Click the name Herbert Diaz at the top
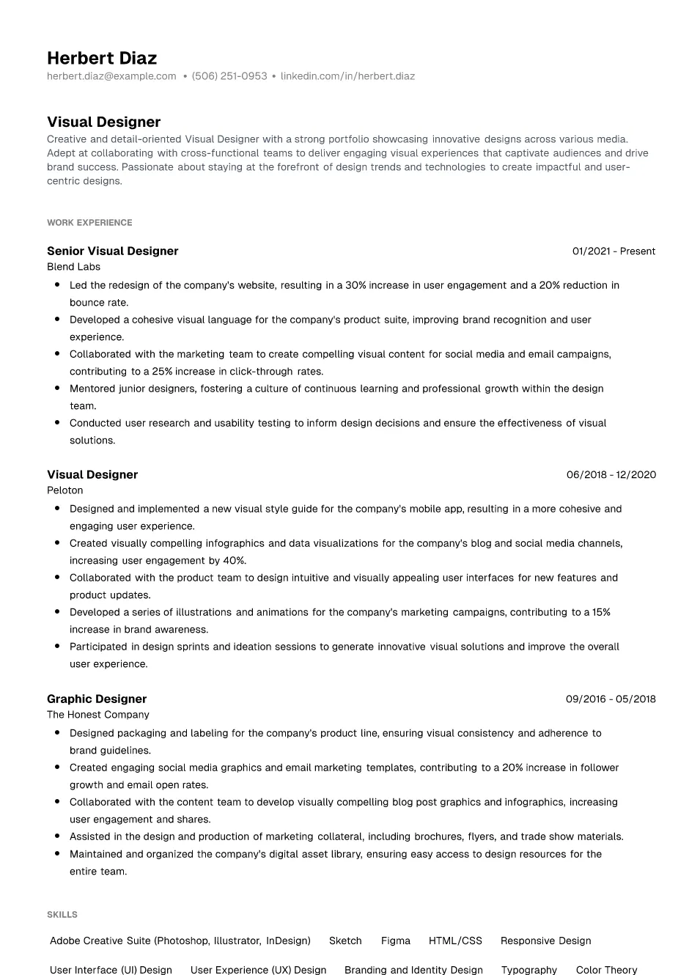(102, 58)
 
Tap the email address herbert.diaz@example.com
(111, 76)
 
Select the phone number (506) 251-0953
(229, 76)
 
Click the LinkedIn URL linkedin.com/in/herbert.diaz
(347, 76)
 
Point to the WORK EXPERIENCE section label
(89, 223)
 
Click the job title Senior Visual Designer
(112, 251)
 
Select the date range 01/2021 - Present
(614, 251)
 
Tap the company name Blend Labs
(73, 267)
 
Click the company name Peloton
(65, 490)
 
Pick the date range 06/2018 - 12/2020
(611, 474)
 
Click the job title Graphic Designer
(97, 699)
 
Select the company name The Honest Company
(97, 715)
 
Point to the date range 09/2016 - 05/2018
(611, 699)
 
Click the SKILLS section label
(62, 915)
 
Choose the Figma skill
(396, 941)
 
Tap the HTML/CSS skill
(455, 941)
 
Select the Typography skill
(529, 970)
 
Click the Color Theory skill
(606, 970)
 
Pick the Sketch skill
(345, 941)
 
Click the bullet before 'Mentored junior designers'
(57, 389)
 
